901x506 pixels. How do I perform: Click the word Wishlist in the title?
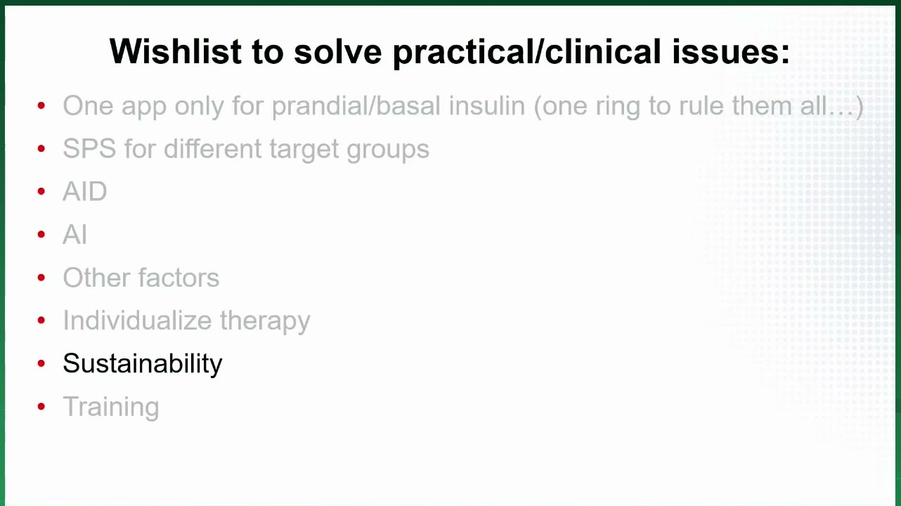pos(176,51)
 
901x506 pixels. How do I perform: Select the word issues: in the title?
pos(731,51)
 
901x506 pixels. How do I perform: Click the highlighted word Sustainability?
pos(143,363)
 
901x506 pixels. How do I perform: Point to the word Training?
pos(111,407)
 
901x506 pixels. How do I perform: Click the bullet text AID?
pos(85,191)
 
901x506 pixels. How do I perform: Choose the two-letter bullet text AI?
pos(74,234)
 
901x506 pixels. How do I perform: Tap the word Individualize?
pos(137,320)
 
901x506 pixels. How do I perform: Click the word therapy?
pos(265,321)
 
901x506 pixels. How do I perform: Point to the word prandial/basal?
pos(356,107)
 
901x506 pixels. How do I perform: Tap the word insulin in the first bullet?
pos(487,105)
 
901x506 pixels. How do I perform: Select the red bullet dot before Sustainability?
pos(41,363)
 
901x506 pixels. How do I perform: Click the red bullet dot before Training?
pos(41,407)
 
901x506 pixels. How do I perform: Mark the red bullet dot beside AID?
pos(41,191)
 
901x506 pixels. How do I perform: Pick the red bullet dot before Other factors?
pos(41,278)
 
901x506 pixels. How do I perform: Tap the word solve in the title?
pos(337,51)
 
